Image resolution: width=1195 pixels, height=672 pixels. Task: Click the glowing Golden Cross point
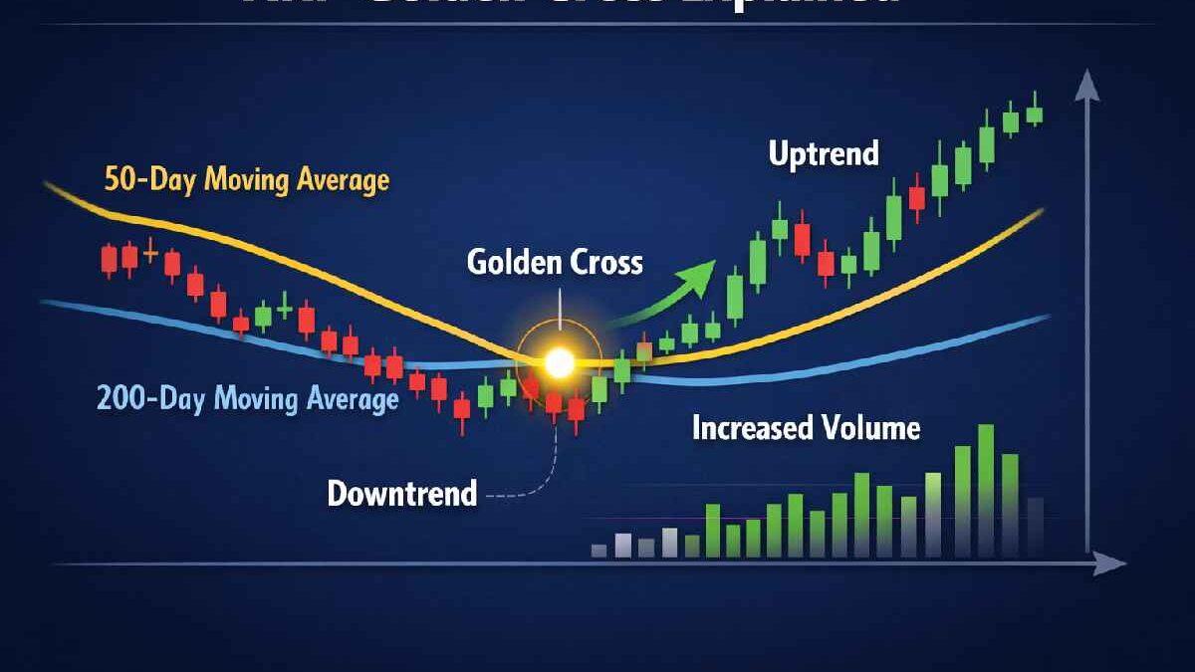click(x=560, y=362)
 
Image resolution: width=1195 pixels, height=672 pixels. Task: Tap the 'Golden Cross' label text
click(x=555, y=262)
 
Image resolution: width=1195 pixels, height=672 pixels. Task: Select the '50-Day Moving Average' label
click(x=246, y=181)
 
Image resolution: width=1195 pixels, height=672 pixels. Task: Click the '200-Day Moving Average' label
click(x=247, y=399)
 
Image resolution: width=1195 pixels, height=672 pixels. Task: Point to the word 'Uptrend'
click(x=824, y=154)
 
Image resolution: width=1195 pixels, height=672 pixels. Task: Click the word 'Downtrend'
click(x=402, y=493)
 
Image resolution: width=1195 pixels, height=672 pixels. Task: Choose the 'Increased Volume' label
click(x=806, y=428)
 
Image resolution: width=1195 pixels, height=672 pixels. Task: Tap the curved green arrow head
click(x=703, y=272)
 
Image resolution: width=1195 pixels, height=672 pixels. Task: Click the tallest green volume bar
click(x=986, y=490)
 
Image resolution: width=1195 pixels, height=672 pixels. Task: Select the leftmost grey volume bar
click(x=598, y=550)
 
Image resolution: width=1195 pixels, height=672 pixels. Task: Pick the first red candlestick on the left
click(x=109, y=260)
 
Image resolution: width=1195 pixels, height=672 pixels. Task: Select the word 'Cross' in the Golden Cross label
click(x=605, y=262)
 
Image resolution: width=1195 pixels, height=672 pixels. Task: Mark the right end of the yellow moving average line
click(x=1041, y=212)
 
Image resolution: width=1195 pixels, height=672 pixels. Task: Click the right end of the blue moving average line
click(x=1047, y=318)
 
